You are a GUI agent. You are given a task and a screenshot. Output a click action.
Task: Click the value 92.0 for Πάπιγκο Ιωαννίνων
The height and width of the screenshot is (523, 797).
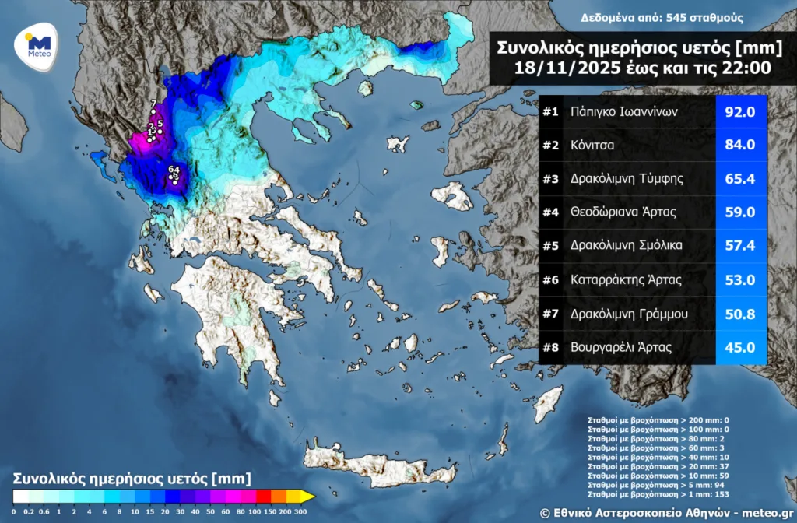740,112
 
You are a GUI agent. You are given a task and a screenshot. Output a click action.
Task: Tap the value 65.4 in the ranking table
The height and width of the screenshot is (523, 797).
740,178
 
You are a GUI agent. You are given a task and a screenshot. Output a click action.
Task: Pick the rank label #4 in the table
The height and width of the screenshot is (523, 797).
551,212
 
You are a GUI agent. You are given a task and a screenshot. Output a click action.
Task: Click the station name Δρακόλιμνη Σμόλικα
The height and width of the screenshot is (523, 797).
626,245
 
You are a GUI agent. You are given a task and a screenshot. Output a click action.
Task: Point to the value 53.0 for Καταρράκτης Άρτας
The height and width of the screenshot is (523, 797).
740,279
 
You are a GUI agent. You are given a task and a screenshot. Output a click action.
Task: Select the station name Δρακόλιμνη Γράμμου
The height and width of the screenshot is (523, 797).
628,313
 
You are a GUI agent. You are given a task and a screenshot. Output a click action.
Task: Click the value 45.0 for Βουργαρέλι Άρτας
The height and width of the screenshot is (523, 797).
740,347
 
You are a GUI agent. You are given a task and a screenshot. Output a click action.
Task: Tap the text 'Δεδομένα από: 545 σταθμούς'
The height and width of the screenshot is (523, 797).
662,17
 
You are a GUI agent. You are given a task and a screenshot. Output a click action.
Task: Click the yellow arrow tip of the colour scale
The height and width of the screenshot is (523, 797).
308,496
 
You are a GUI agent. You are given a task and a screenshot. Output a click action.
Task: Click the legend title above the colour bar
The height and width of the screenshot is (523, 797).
132,477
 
